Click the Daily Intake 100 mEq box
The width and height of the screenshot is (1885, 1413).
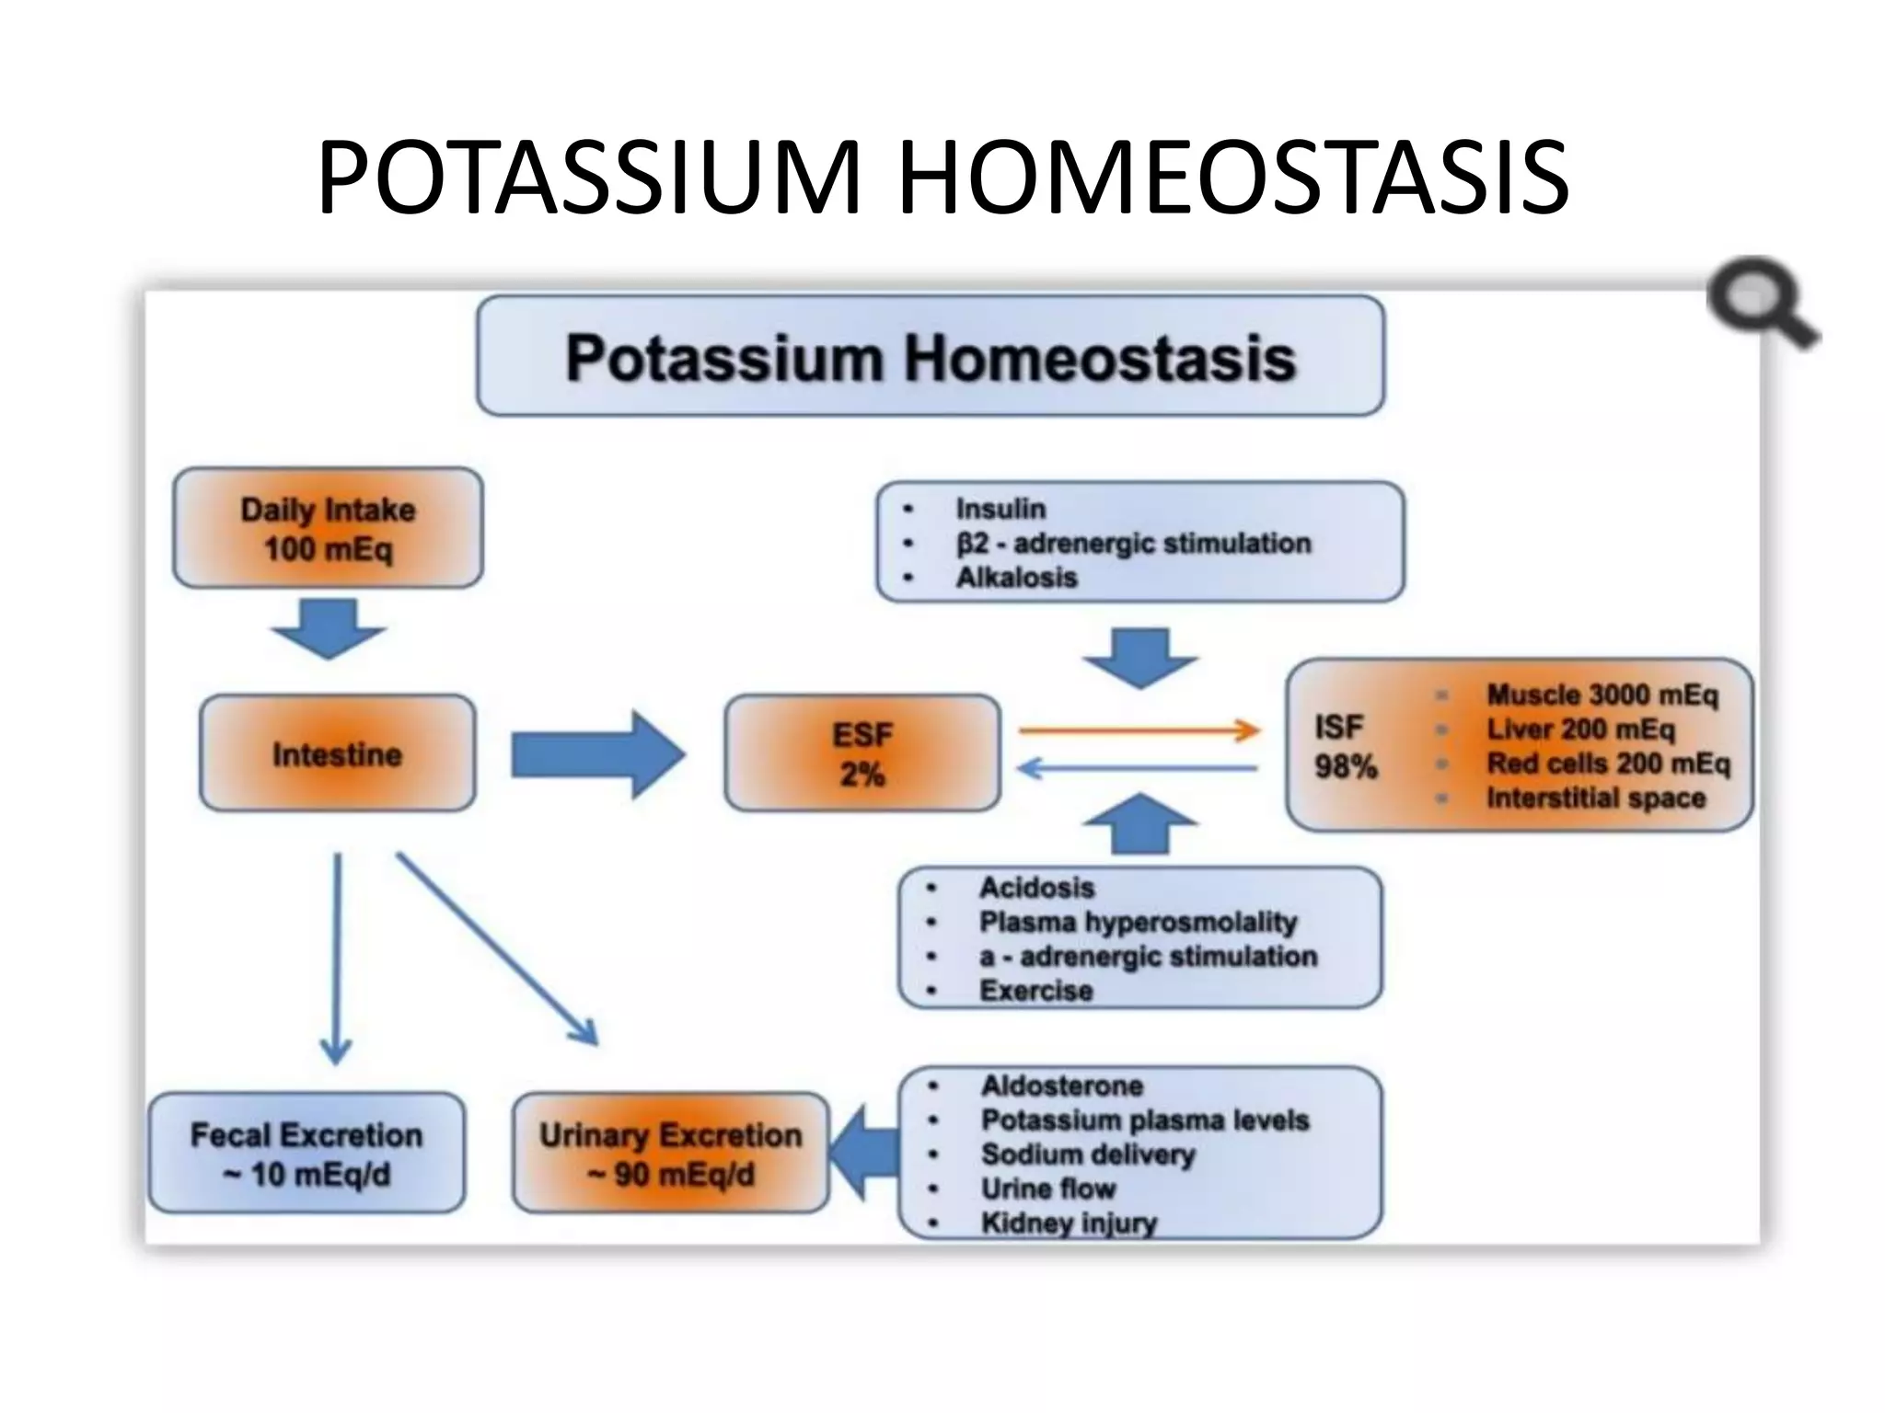click(328, 528)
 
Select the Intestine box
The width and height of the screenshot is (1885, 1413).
click(337, 753)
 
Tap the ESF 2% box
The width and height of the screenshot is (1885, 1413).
click(862, 753)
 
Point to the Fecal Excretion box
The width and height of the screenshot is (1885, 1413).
click(306, 1154)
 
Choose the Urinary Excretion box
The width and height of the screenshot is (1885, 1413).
click(670, 1154)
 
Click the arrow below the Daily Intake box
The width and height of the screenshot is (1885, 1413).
click(328, 628)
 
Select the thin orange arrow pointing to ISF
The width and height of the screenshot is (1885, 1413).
click(1139, 731)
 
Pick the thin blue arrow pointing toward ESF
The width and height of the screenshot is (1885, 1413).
click(1138, 768)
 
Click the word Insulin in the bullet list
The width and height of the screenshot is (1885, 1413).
click(1000, 509)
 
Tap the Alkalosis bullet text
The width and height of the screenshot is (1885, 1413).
click(1016, 578)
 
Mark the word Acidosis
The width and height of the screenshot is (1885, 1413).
click(1036, 888)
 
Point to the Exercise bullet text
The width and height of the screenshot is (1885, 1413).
click(1035, 991)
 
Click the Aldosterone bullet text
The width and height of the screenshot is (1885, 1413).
click(1061, 1086)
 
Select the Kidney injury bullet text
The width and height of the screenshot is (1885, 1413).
click(1068, 1223)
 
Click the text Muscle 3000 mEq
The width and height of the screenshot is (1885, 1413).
click(1602, 695)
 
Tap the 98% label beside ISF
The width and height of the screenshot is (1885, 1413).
click(1346, 766)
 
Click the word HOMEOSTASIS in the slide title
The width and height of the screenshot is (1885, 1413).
click(1233, 177)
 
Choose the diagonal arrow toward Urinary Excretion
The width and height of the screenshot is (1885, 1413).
click(497, 948)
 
